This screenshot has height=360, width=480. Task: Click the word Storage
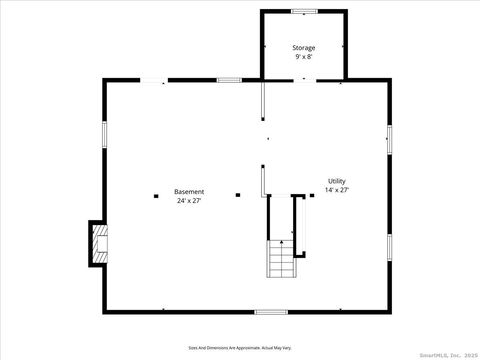point(303,48)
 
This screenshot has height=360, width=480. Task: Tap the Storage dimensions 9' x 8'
point(303,57)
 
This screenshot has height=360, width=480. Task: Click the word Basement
point(189,191)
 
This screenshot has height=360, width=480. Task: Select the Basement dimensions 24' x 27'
point(189,201)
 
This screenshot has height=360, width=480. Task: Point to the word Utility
point(336,181)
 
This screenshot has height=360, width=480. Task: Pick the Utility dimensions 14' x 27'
point(336,190)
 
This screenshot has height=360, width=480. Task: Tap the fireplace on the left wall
point(98,243)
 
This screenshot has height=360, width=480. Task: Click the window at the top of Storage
point(304,11)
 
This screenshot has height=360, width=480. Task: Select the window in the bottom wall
point(270,312)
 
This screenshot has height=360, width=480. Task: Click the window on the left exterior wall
point(104,136)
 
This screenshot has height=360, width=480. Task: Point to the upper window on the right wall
point(389,139)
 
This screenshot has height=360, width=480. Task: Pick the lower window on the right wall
point(389,247)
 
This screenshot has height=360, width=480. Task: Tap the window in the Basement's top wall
point(229,80)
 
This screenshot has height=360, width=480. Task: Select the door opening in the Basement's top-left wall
point(153,80)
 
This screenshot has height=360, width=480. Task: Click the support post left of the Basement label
point(157,195)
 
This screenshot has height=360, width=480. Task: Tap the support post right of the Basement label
point(238,195)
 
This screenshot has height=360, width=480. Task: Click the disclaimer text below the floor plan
point(240,348)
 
